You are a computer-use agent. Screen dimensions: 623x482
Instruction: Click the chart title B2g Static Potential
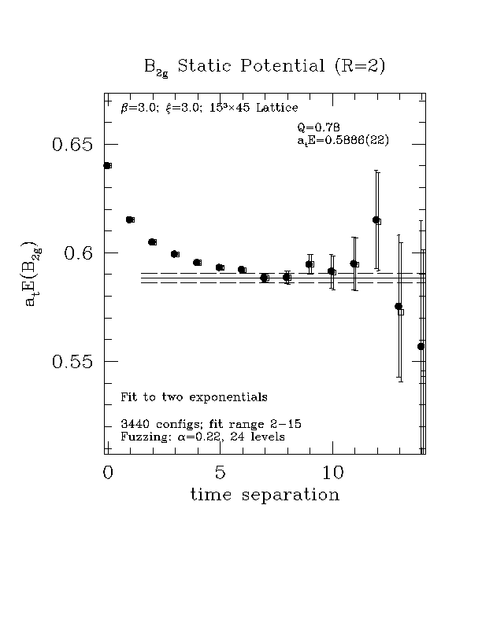click(264, 67)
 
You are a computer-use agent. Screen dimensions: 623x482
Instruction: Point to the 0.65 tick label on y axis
click(72, 145)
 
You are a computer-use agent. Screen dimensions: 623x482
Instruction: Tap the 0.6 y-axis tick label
click(78, 253)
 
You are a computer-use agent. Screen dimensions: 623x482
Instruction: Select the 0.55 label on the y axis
click(72, 362)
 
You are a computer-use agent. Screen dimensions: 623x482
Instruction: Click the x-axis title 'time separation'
click(265, 495)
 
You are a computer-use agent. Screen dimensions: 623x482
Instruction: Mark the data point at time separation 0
click(107, 165)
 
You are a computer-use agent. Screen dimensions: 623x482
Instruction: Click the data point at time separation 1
click(130, 219)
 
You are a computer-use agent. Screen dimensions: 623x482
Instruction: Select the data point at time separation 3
click(175, 254)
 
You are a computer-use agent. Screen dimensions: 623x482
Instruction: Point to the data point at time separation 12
click(376, 220)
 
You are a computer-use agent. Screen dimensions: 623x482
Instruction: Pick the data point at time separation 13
click(399, 307)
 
